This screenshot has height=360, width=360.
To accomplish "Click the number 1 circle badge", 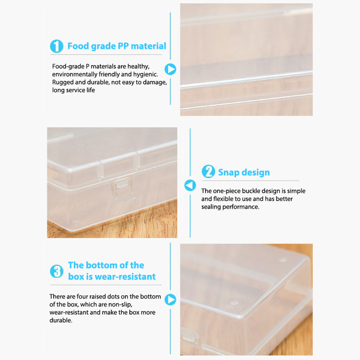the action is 57,46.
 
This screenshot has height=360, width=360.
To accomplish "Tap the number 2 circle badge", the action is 208,171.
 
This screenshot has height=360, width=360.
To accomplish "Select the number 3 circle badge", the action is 57,271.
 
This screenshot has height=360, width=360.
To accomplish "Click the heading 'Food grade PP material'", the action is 117,46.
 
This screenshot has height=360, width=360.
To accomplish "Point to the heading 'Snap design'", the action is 244,172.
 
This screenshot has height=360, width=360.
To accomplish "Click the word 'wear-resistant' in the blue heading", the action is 125,277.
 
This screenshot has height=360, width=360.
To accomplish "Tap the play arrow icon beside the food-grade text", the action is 171,69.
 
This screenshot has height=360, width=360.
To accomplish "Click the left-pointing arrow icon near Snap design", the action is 190,185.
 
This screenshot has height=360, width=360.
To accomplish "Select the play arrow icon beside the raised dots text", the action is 171,299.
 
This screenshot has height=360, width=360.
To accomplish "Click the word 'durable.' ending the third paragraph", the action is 61,320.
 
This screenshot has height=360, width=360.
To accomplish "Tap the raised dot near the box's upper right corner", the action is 283,260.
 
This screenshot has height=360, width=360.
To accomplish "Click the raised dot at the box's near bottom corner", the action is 234,302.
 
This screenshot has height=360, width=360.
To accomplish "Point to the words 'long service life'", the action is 73,90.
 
